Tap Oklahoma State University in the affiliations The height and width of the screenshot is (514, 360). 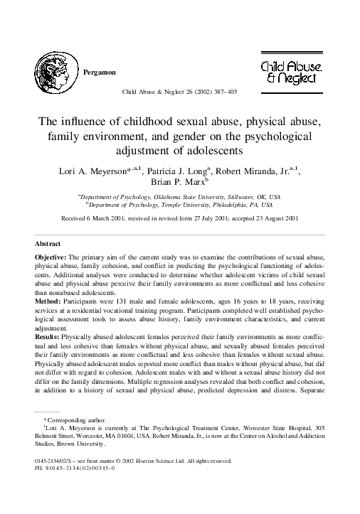tap(186, 196)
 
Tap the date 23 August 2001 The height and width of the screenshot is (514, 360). tap(273, 218)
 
